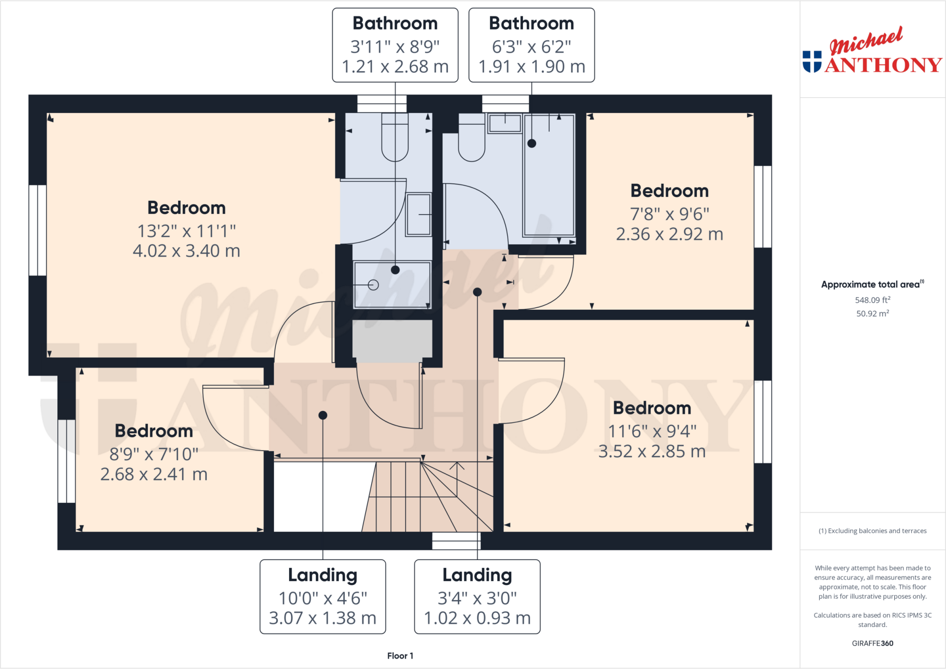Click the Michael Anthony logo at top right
872,52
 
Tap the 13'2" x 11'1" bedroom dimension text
187,231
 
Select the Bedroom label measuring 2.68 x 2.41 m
154,431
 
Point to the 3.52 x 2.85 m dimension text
652,452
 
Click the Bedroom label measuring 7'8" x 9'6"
669,191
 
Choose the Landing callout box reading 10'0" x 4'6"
322,597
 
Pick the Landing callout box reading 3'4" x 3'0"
477,597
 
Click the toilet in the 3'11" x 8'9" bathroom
395,139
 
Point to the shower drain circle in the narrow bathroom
374,285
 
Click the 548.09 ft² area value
872,300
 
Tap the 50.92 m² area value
872,313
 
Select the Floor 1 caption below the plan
400,656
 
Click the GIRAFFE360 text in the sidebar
872,643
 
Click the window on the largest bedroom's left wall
37,230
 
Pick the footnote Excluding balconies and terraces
872,531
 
